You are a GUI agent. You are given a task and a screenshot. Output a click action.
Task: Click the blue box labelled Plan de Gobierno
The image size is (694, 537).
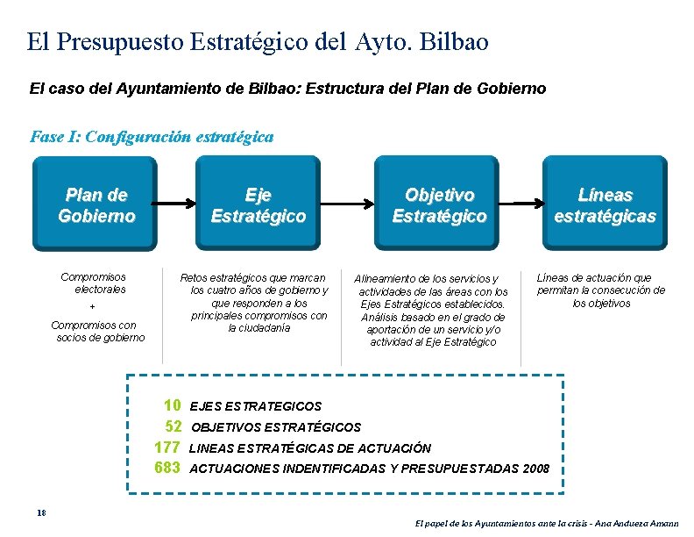click(96, 204)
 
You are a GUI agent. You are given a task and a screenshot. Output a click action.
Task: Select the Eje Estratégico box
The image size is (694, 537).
click(258, 204)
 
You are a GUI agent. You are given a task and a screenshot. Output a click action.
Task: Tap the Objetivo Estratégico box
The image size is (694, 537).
click(439, 204)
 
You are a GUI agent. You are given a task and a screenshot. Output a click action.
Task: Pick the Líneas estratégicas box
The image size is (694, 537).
click(605, 204)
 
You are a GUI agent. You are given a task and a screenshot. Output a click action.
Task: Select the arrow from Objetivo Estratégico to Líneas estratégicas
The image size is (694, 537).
click(526, 204)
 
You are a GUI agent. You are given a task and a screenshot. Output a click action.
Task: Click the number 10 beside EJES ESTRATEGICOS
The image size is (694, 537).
click(173, 405)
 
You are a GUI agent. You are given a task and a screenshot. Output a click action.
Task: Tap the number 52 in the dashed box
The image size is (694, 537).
click(173, 426)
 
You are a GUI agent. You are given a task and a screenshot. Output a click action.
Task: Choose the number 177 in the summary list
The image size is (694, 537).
click(167, 447)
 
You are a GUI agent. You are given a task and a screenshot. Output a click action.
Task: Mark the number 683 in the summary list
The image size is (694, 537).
click(167, 468)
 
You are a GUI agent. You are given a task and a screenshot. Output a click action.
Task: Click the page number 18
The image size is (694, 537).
click(40, 513)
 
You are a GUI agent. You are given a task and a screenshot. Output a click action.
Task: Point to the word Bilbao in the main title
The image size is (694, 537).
click(454, 41)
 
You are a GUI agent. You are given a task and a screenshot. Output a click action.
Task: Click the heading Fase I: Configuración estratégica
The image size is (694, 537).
click(152, 137)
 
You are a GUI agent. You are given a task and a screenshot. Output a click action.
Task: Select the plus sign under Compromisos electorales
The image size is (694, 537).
click(93, 307)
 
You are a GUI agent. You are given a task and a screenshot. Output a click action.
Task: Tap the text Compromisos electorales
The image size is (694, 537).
click(94, 283)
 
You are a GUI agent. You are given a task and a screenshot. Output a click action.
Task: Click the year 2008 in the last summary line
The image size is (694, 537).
click(535, 469)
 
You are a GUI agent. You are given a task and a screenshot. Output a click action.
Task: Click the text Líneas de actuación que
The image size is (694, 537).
click(593, 278)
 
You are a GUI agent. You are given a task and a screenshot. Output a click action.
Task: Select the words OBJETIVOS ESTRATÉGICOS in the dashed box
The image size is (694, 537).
click(275, 427)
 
